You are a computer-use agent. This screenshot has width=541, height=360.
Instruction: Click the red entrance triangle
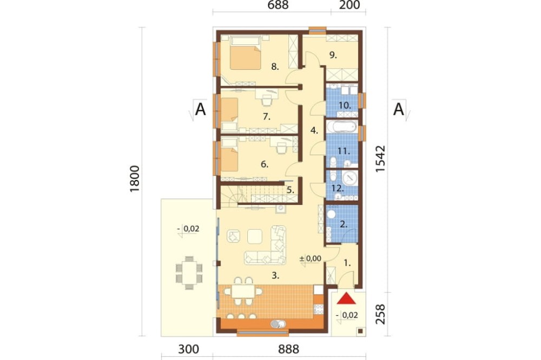click(346, 299)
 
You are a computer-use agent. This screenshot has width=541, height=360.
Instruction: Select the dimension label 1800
click(135, 179)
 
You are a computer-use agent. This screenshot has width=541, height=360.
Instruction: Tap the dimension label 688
click(278, 5)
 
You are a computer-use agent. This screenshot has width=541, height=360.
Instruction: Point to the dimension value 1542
click(380, 159)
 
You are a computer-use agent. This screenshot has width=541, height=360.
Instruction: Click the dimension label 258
click(380, 314)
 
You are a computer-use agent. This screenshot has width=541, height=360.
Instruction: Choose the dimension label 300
click(189, 349)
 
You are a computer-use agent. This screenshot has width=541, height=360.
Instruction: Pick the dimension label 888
click(288, 349)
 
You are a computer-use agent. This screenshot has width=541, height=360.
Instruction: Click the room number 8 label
click(275, 66)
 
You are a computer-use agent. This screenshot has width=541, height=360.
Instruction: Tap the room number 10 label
click(344, 105)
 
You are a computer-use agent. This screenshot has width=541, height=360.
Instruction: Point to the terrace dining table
click(189, 272)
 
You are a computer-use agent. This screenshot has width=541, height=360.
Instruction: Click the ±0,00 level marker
click(310, 258)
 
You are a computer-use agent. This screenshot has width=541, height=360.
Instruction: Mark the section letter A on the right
click(399, 110)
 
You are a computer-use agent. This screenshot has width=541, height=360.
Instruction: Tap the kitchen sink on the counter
click(279, 324)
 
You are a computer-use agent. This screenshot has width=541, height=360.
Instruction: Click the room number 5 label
click(290, 190)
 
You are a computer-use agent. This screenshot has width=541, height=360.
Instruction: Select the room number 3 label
click(275, 276)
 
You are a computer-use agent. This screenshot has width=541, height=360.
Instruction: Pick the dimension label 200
click(349, 5)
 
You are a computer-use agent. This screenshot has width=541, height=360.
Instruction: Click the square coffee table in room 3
click(255, 237)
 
